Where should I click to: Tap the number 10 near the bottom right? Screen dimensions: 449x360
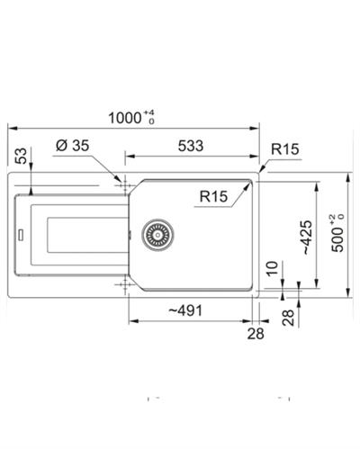pyautogui.click(x=271, y=267)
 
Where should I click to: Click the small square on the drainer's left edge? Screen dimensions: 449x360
pyautogui.click(x=17, y=237)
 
